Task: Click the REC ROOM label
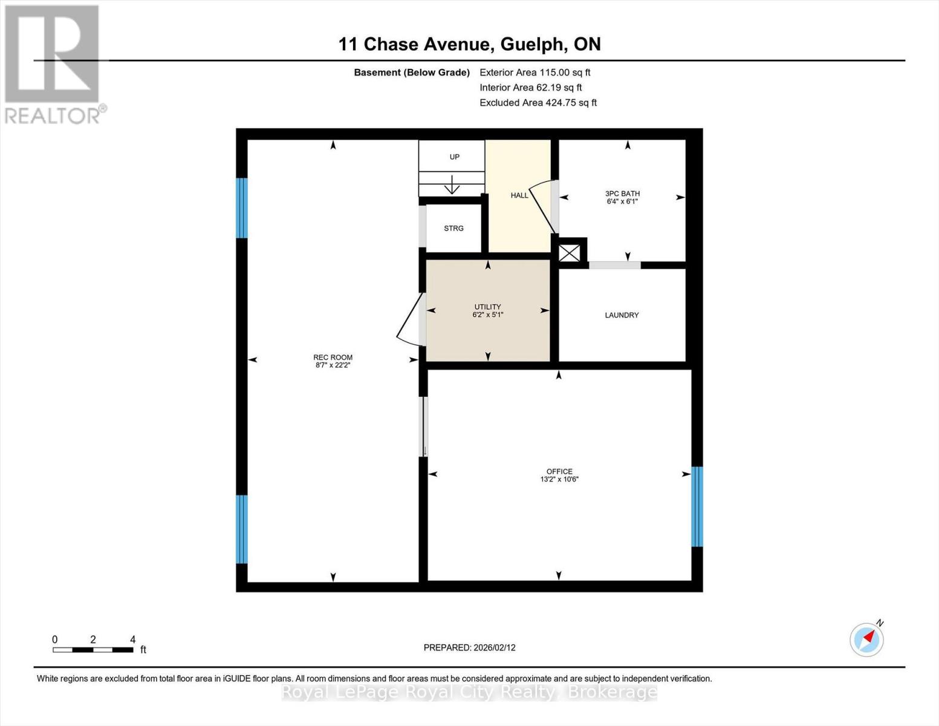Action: (333, 358)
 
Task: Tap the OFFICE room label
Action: (559, 471)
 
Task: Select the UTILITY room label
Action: (487, 307)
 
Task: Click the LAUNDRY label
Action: (622, 315)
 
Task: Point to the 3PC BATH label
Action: (622, 194)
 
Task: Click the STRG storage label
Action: (453, 228)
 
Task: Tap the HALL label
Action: (519, 195)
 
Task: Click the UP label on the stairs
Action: (454, 157)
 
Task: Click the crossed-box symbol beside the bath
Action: (569, 253)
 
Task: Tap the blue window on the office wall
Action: (697, 506)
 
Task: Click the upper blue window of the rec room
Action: (242, 208)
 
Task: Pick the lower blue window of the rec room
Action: (242, 529)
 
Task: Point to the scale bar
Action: (93, 650)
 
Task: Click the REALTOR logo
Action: (53, 64)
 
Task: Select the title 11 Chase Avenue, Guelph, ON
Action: (469, 44)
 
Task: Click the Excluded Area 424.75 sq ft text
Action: (538, 103)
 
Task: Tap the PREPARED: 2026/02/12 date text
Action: (469, 647)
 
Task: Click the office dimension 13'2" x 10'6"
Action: (559, 479)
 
